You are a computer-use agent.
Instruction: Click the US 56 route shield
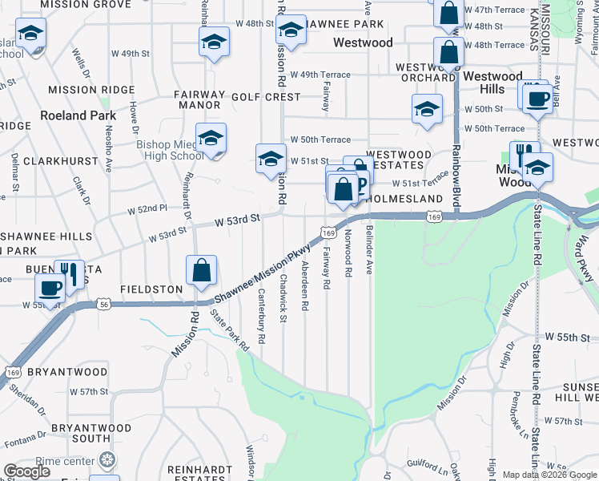pos(103,304)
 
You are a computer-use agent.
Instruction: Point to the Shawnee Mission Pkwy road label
pos(262,273)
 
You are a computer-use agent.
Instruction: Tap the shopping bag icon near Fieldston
pos(203,271)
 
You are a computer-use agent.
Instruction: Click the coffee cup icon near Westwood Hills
pos(537,98)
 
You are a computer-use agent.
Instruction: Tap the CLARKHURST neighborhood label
pos(60,161)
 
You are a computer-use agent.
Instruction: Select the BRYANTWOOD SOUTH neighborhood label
pos(79,434)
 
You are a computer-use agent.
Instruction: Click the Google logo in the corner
pos(27,471)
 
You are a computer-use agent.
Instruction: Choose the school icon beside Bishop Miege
pos(211,139)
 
